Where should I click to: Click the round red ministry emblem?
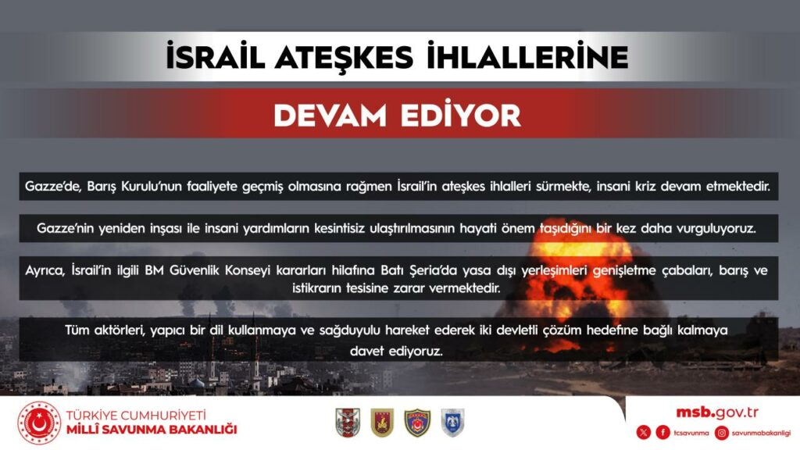coord(38,423)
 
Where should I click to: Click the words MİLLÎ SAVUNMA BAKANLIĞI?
coord(152,430)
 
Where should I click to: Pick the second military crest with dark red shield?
coord(382,423)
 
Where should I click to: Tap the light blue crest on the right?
coord(452,423)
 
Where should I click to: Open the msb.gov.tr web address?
coord(717,412)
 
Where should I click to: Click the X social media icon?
coord(644,432)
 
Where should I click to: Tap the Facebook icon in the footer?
coord(662,432)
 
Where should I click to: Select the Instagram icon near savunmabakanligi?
coord(722,432)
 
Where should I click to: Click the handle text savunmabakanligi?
coord(762,433)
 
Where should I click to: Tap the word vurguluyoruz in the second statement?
coord(719,229)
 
